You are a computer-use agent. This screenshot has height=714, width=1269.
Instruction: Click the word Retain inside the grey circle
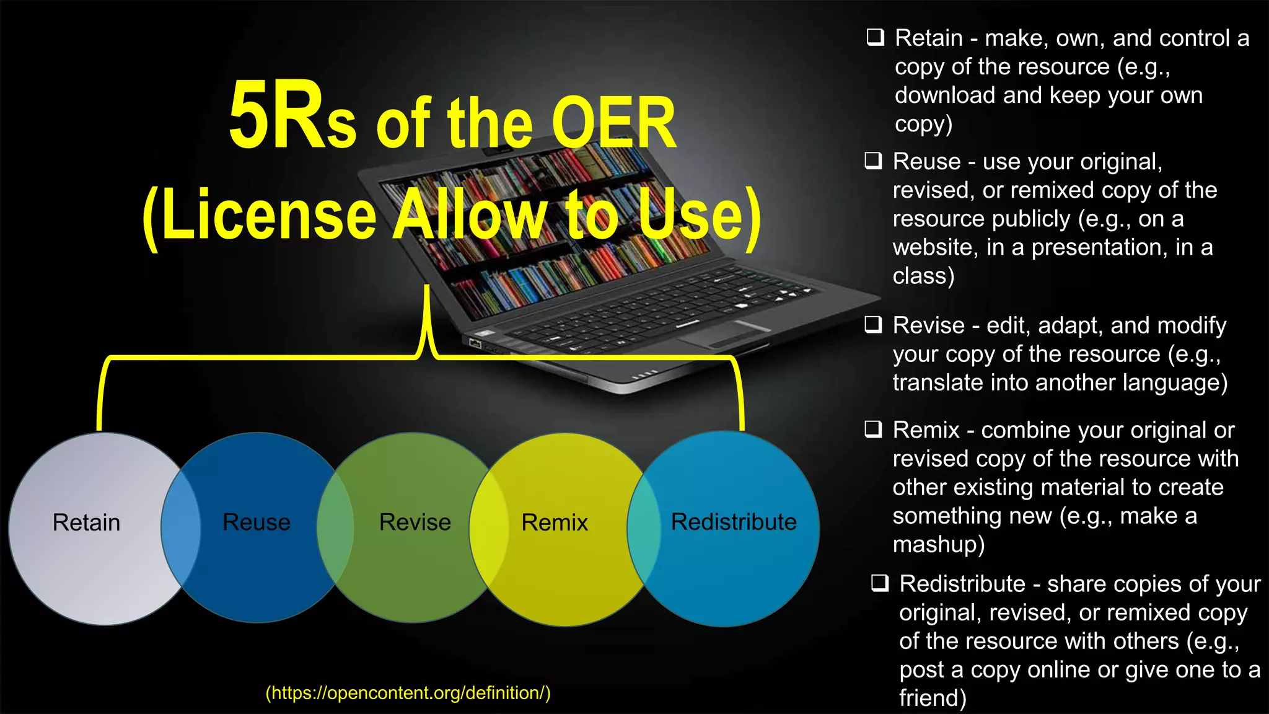coord(86,522)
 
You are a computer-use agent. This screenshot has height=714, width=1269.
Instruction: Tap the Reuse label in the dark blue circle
coord(256,522)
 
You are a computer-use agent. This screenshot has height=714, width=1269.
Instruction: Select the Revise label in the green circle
coord(415,522)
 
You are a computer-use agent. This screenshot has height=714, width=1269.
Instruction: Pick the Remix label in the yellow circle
coord(554,522)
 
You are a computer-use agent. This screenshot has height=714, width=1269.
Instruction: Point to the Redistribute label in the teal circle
coord(733,522)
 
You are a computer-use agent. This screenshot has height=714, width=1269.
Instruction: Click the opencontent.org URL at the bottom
coord(408,692)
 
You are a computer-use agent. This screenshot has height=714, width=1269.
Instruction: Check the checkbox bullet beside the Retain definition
coord(875,37)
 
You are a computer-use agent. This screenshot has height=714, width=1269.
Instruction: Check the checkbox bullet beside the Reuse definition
coord(873,161)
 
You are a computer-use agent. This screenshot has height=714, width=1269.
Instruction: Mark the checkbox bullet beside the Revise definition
coord(873,324)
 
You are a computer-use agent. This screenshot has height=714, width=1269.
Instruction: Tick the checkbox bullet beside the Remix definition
coord(873,429)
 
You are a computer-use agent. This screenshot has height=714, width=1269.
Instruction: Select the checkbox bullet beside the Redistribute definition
coord(880,583)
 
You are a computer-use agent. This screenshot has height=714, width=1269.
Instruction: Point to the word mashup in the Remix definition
coord(938,544)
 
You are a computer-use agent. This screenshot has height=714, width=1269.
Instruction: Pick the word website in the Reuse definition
coord(935,247)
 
